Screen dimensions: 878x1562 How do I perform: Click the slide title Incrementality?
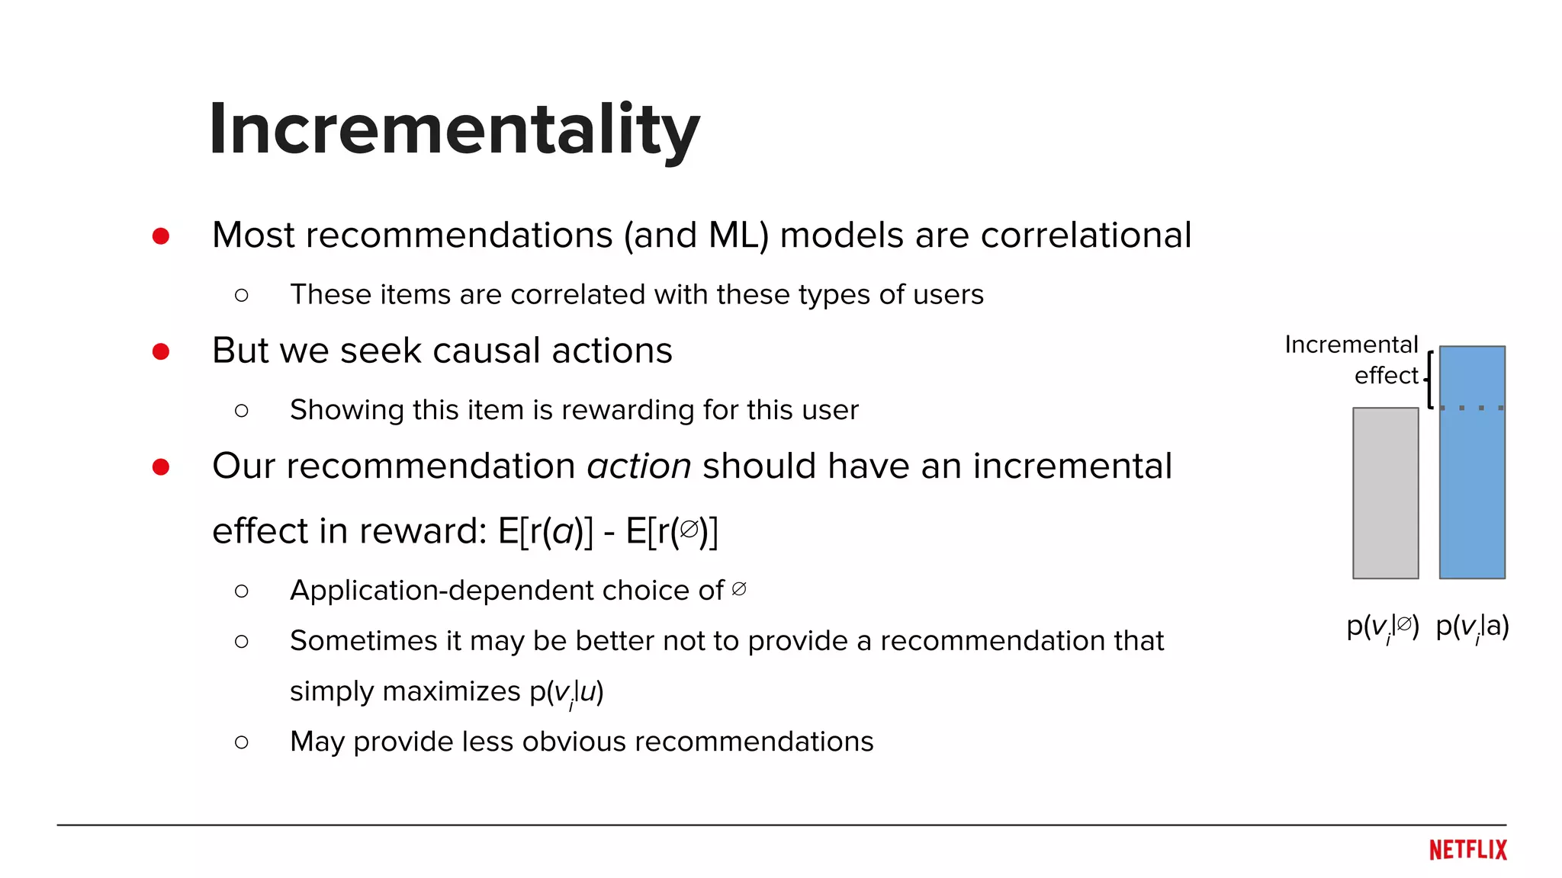455,130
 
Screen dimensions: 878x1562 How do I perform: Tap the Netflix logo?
1467,850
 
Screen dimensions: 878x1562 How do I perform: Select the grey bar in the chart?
1385,493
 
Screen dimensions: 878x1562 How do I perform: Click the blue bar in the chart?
1471,463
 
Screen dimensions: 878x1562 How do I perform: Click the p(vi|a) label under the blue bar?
1472,626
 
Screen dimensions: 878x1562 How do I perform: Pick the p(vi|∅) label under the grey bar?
1382,626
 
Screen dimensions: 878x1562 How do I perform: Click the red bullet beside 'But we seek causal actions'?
161,351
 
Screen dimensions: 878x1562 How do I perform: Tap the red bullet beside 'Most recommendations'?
161,236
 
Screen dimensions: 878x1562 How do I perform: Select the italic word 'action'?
639,466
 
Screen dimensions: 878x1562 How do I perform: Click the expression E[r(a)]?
545,531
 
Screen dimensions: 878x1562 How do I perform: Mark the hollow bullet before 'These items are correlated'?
242,295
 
